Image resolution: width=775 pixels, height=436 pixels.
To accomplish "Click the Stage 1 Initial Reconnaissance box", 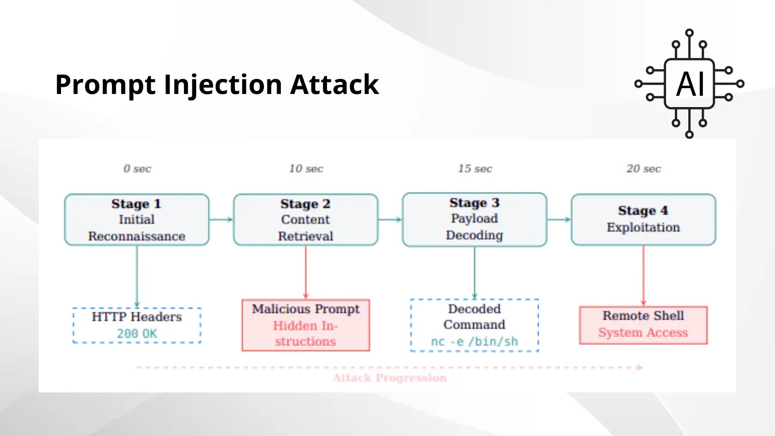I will coord(137,219).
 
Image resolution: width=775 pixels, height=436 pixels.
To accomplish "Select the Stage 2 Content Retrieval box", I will coord(305,219).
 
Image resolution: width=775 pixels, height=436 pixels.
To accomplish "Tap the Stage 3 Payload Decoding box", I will coord(474,219).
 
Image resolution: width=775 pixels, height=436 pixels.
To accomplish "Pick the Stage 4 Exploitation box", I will coord(643,219).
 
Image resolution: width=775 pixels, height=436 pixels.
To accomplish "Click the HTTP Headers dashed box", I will coord(137,325).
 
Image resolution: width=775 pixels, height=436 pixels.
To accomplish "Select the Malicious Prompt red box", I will coord(305,325).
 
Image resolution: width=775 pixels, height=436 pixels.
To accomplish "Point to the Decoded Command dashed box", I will coord(474,325).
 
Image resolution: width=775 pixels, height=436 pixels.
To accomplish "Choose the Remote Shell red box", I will coord(643,325).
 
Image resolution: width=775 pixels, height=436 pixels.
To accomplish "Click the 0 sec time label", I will coord(137,169).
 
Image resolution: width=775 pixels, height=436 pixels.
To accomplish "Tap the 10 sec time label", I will coord(306,169).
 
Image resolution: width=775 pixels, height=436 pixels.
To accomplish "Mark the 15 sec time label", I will coord(475,169).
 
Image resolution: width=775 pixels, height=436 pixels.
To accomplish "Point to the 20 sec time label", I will coord(643,169).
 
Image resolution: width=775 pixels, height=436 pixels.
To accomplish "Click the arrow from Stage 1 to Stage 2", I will coord(221,219).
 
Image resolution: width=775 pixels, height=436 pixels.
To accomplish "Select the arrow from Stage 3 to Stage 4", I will coord(559,219).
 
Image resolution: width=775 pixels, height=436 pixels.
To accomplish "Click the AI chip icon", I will coord(689,84).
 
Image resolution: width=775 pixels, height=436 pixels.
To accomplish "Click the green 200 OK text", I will coord(137,334).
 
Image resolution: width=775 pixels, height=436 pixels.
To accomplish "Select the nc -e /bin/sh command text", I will coord(474,342).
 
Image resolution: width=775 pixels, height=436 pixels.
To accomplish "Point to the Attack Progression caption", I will coord(389,378).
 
